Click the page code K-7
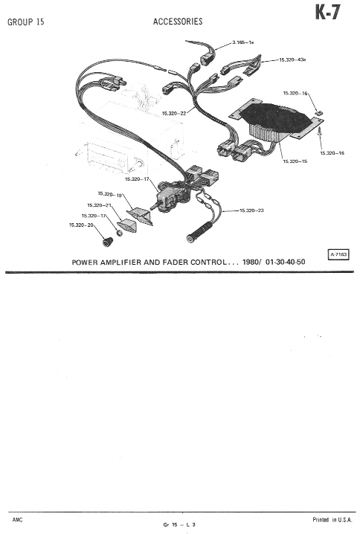click(327, 13)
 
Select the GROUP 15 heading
click(26, 22)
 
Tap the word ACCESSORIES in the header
click(178, 22)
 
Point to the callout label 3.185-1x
click(242, 42)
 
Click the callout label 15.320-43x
click(292, 59)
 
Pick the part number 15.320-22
click(174, 113)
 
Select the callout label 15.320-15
click(295, 161)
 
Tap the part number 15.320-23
click(251, 210)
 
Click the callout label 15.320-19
click(109, 194)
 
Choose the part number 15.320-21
click(100, 205)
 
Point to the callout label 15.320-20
click(81, 225)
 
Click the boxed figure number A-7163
click(338, 254)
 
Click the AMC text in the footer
click(18, 520)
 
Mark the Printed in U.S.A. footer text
click(332, 520)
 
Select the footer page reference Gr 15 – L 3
click(179, 525)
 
